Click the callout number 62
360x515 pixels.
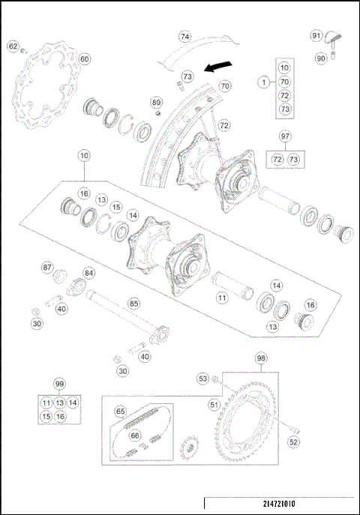click(x=13, y=46)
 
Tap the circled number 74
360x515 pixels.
click(x=185, y=36)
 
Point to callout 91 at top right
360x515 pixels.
click(x=316, y=35)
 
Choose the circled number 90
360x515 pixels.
click(x=320, y=58)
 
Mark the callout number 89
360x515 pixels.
click(x=156, y=102)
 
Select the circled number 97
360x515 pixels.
click(x=284, y=136)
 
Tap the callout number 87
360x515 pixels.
click(x=47, y=268)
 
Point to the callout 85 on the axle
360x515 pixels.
click(x=133, y=304)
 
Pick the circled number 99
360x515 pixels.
click(x=58, y=382)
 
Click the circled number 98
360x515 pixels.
click(x=260, y=358)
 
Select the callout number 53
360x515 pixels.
click(x=202, y=379)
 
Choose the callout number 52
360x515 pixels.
click(x=293, y=442)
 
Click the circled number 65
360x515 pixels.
click(x=120, y=411)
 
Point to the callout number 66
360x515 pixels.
click(x=135, y=435)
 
